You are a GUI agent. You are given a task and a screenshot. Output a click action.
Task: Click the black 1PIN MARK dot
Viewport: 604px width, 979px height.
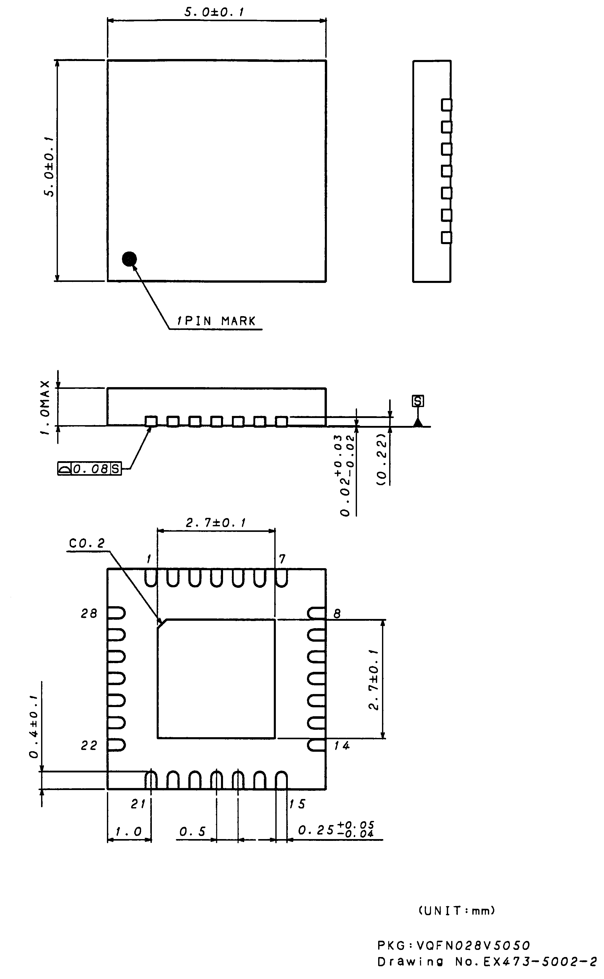click(x=129, y=259)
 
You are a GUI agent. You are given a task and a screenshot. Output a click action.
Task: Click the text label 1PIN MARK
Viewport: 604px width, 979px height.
click(x=216, y=321)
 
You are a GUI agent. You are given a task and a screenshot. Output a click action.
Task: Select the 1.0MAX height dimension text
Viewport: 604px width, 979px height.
click(x=46, y=408)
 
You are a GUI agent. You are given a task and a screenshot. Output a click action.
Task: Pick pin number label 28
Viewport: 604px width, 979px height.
click(x=89, y=614)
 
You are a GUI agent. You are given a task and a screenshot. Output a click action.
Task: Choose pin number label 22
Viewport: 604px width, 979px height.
click(x=89, y=746)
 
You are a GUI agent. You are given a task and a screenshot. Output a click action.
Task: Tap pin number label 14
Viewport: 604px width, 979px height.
click(x=342, y=746)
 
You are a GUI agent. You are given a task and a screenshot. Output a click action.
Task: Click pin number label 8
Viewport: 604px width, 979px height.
click(x=337, y=614)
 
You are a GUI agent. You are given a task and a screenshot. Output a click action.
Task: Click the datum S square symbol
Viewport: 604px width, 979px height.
click(x=418, y=401)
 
